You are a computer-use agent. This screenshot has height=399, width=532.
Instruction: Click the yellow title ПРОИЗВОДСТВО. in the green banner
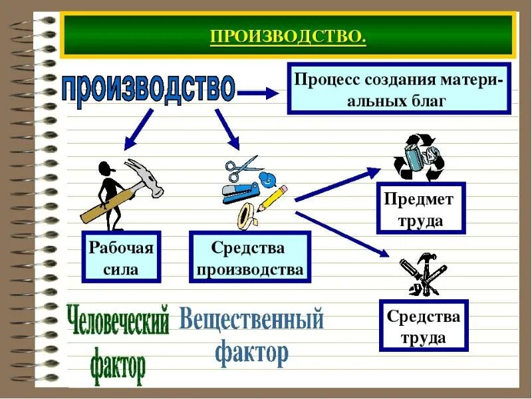point(288,35)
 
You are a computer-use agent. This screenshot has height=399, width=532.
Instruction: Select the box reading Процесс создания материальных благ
point(398,89)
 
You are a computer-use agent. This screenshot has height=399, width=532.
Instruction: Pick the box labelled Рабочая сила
point(120,257)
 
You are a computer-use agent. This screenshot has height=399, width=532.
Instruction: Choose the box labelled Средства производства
point(249,257)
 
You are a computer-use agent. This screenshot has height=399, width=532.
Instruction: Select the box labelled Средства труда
point(424,326)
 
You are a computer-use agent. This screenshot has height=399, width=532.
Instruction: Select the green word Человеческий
point(118,321)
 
